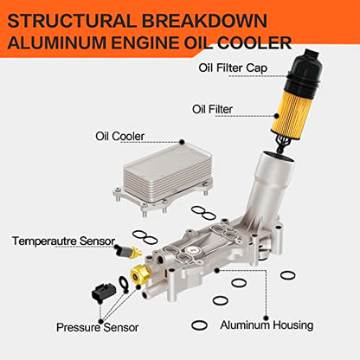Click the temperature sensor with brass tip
pyautogui.click(x=127, y=252)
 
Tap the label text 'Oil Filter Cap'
pyautogui.click(x=233, y=68)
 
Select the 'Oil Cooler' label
pyautogui.click(x=119, y=136)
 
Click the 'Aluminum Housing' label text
pyautogui.click(x=267, y=325)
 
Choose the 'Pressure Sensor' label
pyautogui.click(x=97, y=327)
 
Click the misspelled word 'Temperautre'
pyautogui.click(x=44, y=241)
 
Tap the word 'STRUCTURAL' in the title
pyautogui.click(x=72, y=21)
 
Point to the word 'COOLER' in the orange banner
pyautogui.click(x=254, y=42)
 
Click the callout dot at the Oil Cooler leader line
pyautogui.click(x=182, y=142)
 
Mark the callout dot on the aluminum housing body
pyautogui.click(x=217, y=271)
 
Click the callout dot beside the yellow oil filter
pyautogui.click(x=277, y=116)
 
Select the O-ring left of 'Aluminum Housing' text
pyautogui.click(x=199, y=325)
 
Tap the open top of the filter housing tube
pyautogui.click(x=280, y=156)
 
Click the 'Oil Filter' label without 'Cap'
pyautogui.click(x=212, y=109)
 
